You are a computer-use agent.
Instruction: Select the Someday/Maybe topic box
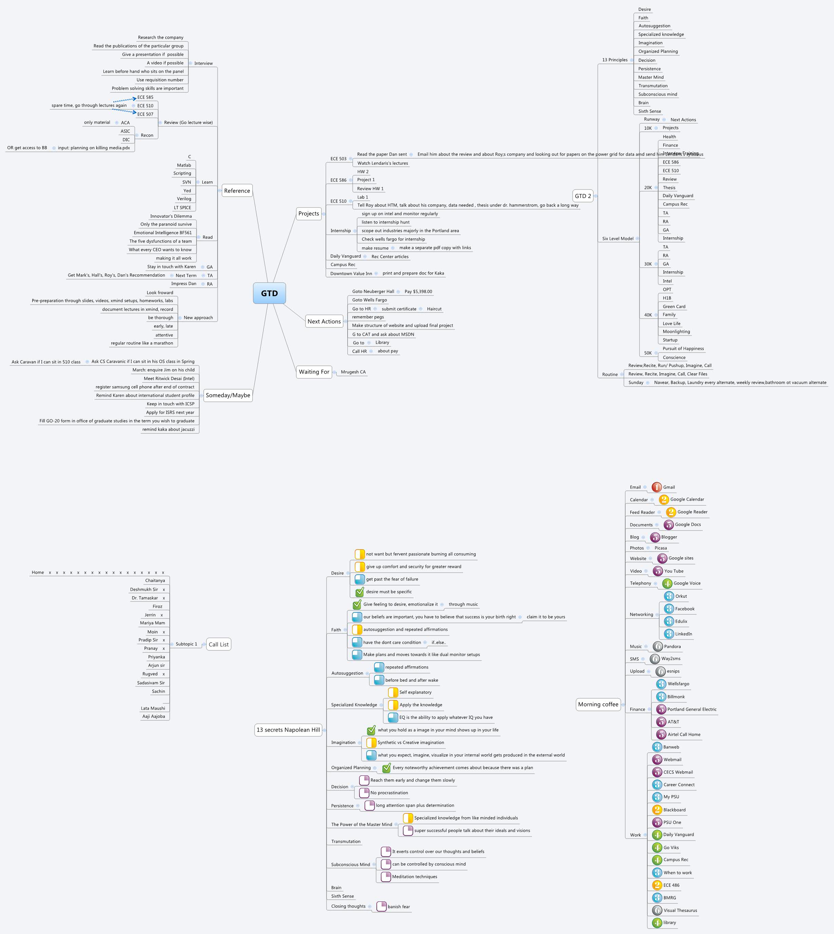tap(228, 395)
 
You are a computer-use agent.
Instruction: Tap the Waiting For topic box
tap(314, 372)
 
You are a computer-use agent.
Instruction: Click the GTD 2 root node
tap(583, 196)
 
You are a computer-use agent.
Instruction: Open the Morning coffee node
tap(598, 704)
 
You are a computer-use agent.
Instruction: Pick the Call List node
tap(219, 644)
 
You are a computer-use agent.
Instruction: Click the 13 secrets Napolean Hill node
tap(288, 730)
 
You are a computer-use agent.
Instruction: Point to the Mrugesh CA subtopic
tap(353, 372)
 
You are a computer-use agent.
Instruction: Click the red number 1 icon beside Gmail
tap(657, 487)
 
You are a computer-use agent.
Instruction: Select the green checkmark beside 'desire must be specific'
tap(360, 592)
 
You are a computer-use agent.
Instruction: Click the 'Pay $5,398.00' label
tap(418, 292)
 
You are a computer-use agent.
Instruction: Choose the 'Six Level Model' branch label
tap(618, 238)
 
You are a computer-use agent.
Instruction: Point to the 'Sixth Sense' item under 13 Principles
tap(649, 111)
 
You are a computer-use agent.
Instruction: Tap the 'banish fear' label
tap(399, 906)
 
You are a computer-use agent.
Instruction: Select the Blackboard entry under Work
tap(674, 810)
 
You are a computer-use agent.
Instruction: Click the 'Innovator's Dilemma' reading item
tap(171, 216)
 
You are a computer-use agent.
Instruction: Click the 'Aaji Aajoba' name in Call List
tap(153, 716)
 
